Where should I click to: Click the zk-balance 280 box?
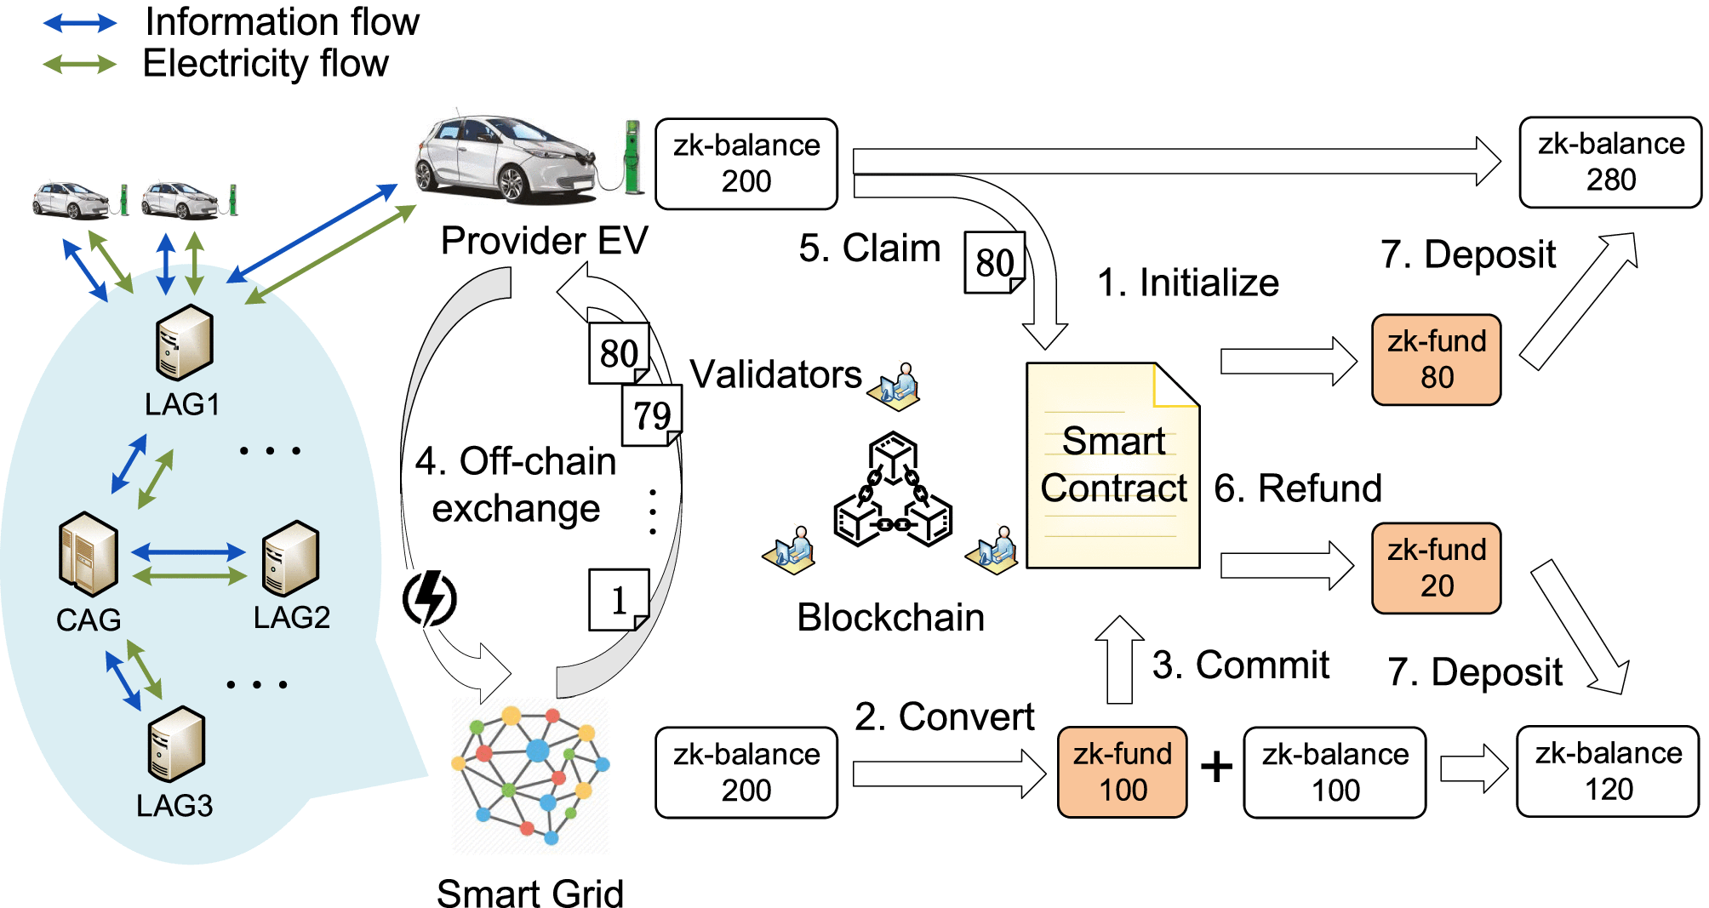[1609, 162]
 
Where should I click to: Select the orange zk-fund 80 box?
[1436, 359]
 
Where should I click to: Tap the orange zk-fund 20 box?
[1436, 568]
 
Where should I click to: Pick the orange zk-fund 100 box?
[1122, 772]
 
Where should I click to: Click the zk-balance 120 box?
[1607, 771]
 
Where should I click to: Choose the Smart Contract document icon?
[1112, 466]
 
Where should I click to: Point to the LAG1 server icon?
[184, 342]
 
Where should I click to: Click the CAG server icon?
[88, 553]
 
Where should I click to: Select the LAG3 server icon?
[176, 743]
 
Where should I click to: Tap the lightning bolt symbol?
[430, 598]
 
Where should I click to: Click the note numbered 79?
[652, 415]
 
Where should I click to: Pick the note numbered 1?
[619, 600]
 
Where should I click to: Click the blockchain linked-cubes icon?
[893, 491]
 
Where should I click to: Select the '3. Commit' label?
[1240, 665]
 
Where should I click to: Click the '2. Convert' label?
[944, 717]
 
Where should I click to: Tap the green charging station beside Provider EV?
[632, 157]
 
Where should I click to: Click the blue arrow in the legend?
[80, 23]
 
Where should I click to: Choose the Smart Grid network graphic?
[530, 775]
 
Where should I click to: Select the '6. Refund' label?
[1297, 488]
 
